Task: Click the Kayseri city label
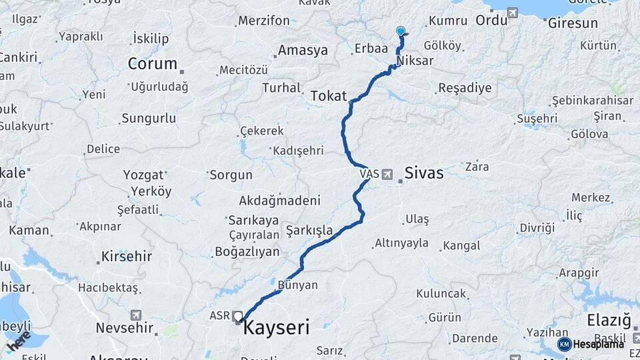pos(277,328)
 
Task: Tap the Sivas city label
pos(423,173)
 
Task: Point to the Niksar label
pos(415,61)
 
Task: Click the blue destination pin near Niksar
pos(401,31)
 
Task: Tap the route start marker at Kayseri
pos(238,316)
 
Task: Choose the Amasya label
pos(303,51)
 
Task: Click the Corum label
pos(153,64)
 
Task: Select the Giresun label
pos(573,23)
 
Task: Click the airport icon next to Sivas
pos(387,174)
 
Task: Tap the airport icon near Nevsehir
pos(137,315)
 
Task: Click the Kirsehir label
pos(127,256)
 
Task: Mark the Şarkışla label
pos(309,231)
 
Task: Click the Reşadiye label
pos(465,88)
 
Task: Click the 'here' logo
pos(18,341)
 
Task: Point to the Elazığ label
pos(609,321)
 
